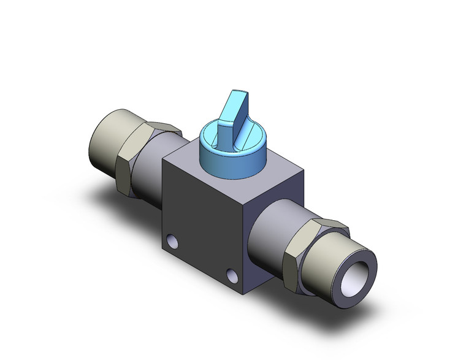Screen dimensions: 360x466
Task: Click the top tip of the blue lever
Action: (239, 93)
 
